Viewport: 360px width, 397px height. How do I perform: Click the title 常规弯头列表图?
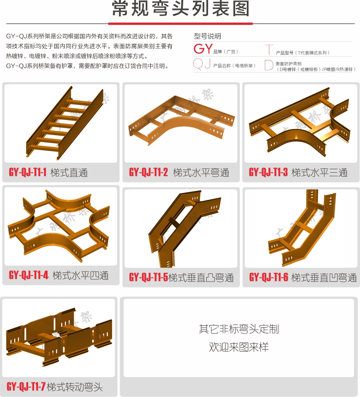click(x=181, y=8)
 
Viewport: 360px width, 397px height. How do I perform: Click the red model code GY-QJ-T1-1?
click(x=28, y=172)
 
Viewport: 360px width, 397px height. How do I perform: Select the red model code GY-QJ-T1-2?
click(x=148, y=172)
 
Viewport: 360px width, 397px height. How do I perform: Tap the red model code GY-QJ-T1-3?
click(x=268, y=172)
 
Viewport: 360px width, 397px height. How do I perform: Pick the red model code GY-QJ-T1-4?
click(x=28, y=275)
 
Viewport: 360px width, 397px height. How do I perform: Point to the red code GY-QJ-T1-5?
click(x=148, y=277)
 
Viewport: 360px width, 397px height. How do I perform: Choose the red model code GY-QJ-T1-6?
click(x=269, y=277)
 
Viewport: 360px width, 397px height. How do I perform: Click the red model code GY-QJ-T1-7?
click(x=26, y=387)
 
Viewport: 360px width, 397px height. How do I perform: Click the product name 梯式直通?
click(x=69, y=173)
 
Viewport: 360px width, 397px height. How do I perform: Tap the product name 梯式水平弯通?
click(x=201, y=173)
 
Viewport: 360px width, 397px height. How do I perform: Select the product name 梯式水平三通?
click(x=320, y=173)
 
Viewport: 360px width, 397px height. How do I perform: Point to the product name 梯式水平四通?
click(x=81, y=275)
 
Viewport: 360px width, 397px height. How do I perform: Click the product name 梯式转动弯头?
click(x=75, y=387)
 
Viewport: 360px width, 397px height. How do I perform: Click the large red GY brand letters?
click(x=203, y=49)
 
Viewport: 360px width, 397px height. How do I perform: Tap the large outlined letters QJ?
click(x=202, y=63)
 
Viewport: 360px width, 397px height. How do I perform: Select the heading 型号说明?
click(x=207, y=36)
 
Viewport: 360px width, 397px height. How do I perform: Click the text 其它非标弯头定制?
click(x=239, y=329)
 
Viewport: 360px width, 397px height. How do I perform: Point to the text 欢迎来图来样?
click(x=239, y=347)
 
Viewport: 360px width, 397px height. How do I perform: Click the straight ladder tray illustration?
click(x=65, y=123)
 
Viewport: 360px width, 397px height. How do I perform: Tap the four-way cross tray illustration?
click(x=59, y=226)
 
